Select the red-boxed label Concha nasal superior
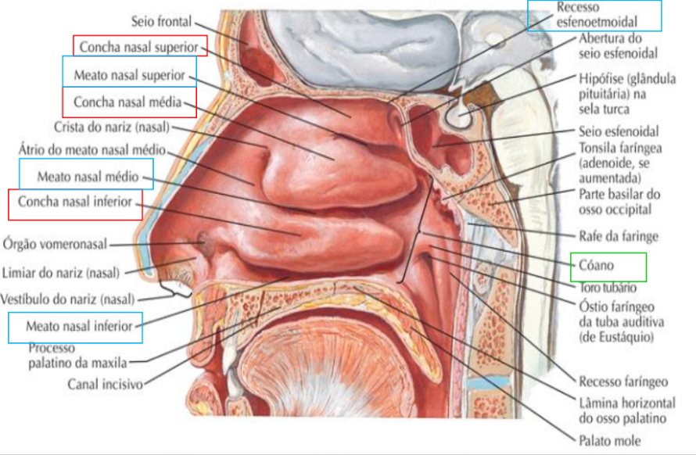pos(141,46)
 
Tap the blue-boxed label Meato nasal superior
pos(129,75)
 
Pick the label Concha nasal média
pos(128,102)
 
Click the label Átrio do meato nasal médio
pos(91,149)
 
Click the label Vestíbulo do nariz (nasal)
pos(68,299)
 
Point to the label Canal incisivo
pos(105,384)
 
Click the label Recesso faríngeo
pos(623,382)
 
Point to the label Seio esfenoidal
pos(619,131)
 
